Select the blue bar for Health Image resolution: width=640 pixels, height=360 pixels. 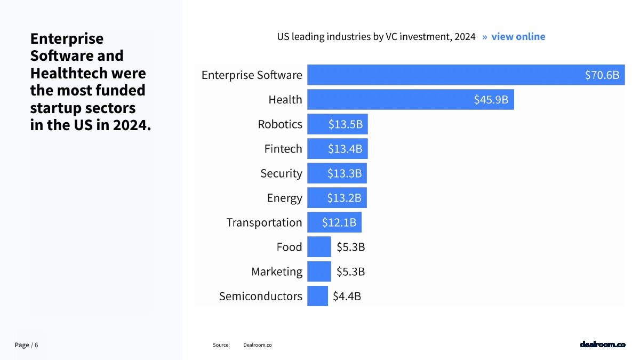(x=389, y=100)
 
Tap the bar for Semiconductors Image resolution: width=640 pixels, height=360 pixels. (x=317, y=296)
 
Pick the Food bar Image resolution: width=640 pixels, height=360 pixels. (x=319, y=247)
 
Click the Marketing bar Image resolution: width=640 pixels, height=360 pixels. (x=319, y=271)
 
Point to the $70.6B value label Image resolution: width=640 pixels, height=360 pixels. (x=602, y=75)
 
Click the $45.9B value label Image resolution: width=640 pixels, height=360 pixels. (x=491, y=100)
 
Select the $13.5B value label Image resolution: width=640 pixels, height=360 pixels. (x=345, y=124)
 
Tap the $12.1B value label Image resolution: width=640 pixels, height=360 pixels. (x=339, y=222)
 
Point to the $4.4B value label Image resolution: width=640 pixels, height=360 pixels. (x=347, y=296)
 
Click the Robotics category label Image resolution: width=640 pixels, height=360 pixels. (x=280, y=124)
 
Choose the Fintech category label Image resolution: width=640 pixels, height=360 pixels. (x=283, y=149)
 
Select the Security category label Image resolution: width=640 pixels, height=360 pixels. (x=281, y=173)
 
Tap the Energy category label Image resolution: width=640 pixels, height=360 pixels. (x=284, y=198)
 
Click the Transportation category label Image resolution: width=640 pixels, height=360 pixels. (x=264, y=222)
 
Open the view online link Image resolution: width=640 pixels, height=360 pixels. (x=518, y=37)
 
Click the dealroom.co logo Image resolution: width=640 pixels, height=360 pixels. (x=602, y=345)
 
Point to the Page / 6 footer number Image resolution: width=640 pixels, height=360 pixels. (x=26, y=345)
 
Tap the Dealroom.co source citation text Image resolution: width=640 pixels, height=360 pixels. (x=257, y=345)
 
